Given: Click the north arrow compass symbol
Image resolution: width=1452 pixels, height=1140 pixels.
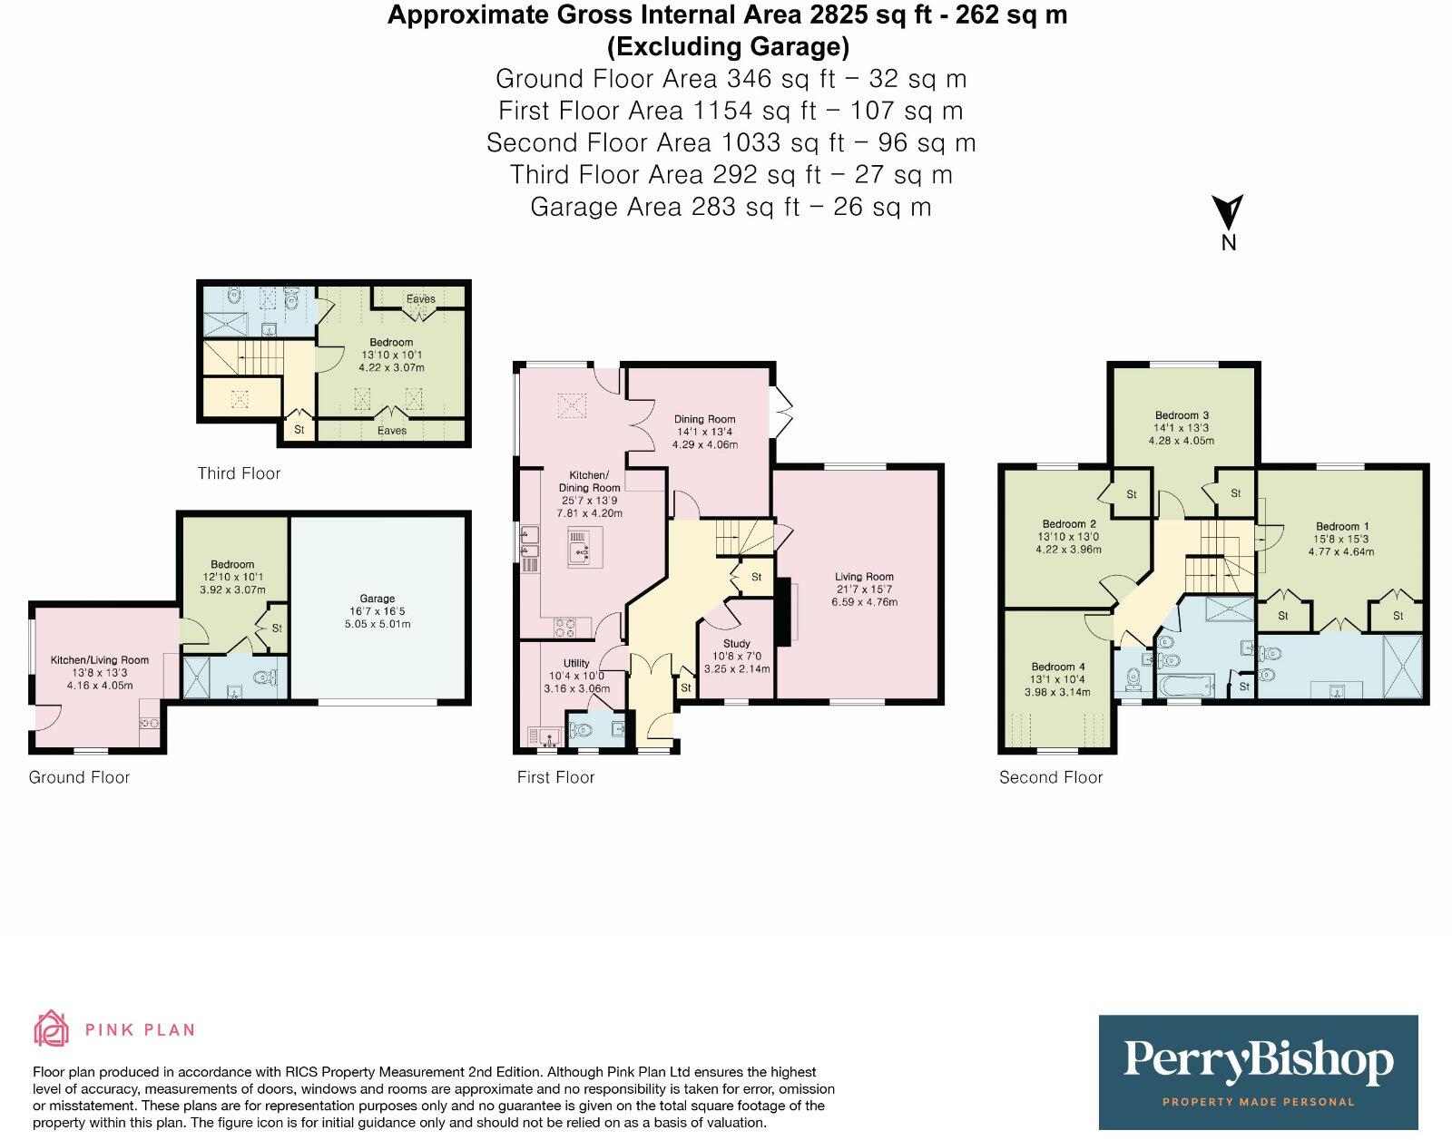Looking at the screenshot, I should [1228, 214].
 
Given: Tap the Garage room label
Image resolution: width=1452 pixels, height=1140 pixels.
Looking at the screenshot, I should [377, 599].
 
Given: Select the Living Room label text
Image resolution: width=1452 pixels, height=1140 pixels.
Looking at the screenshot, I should [864, 577].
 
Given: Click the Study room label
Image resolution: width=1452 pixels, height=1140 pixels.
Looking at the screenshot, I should [736, 643].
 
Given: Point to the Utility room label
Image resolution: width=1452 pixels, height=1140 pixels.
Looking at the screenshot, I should [576, 663].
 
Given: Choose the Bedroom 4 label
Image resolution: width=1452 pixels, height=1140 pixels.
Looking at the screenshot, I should [1058, 667].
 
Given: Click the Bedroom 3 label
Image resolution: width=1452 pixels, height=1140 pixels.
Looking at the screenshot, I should [1182, 415].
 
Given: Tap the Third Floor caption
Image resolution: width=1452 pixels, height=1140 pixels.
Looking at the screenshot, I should [239, 473].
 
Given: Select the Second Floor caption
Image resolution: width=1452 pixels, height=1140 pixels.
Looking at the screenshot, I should [1050, 777].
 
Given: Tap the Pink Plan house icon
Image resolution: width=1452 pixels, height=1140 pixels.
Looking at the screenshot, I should [51, 1028].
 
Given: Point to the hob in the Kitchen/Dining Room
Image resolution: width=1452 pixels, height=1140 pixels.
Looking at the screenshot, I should [566, 625].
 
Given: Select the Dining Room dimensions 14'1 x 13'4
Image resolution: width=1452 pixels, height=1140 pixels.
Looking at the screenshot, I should [704, 433].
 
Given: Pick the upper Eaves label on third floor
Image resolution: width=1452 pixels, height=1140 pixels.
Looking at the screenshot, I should [420, 298].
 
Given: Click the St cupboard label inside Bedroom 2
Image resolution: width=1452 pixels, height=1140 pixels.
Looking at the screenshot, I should [1131, 494].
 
